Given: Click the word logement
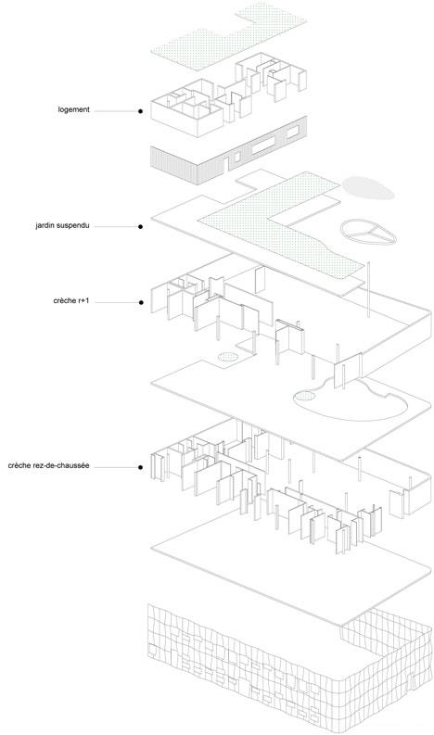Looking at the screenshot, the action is pos(73,109).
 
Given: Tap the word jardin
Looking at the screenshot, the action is pos(45,225).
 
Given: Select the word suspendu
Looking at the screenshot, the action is pos(73,225).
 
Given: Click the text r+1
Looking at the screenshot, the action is pos(83,301).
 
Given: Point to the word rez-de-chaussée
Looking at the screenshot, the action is pos(63,466).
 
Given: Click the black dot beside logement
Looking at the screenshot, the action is pos(140,111).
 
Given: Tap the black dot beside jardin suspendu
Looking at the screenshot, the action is pos(140,227).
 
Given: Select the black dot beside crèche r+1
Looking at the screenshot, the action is pos(140,302).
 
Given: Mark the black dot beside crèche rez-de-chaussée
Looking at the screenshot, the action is pos(140,467).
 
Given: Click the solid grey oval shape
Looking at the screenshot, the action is pos(368,187).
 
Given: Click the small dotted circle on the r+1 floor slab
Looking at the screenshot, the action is pos(228,357).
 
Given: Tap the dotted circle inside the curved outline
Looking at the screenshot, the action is pos(305,397).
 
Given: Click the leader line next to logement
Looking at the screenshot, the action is pos(115,111).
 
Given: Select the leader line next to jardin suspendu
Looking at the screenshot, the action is pos(115,227).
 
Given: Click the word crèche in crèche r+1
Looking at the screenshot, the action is pos(64,301).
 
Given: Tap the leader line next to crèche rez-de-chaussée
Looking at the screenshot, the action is pos(115,467).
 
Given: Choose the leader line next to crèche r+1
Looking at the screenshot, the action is pos(115,302).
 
